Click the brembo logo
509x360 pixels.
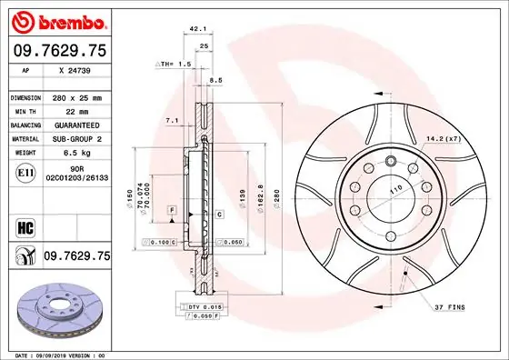click(57, 20)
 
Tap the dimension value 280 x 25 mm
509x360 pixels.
click(76, 96)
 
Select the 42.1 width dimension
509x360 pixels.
click(195, 29)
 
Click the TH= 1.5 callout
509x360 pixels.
click(173, 65)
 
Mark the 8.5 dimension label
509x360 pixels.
click(216, 81)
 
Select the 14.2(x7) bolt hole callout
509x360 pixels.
click(444, 138)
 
